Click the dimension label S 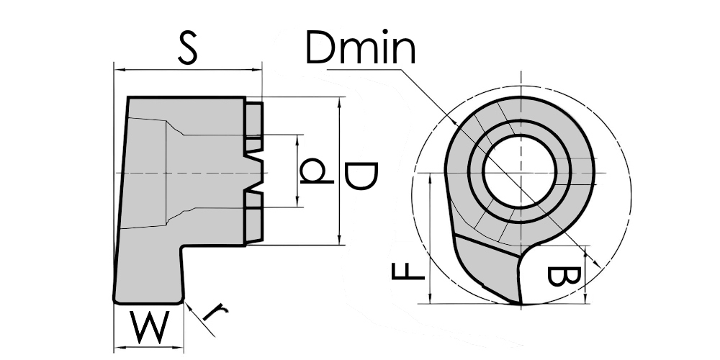(x=187, y=49)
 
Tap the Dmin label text (x=360, y=50)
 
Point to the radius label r (x=215, y=312)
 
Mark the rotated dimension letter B (x=562, y=276)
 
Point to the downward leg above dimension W (x=149, y=274)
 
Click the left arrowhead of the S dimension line (x=120, y=70)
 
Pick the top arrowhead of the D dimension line (x=339, y=102)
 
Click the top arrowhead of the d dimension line (x=297, y=139)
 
